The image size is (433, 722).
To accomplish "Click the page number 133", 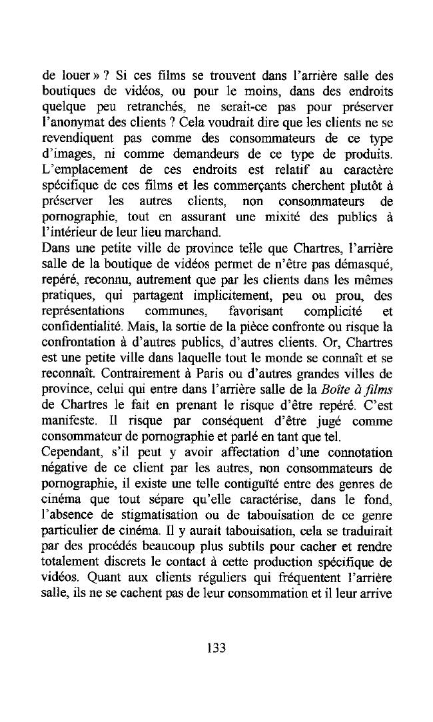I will [x=217, y=647].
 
